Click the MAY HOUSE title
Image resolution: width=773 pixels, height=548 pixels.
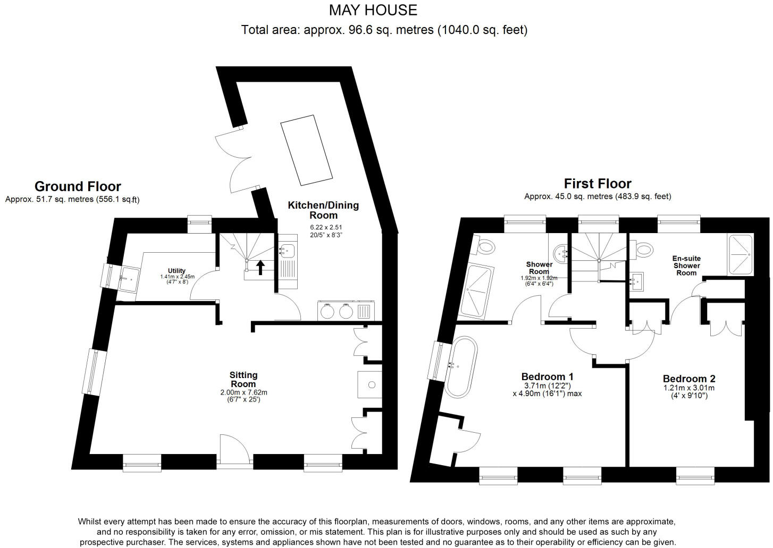tap(373, 10)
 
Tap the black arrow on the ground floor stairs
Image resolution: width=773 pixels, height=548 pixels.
tap(261, 267)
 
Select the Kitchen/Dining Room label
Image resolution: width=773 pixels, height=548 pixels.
tap(323, 210)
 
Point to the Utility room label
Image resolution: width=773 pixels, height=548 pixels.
tap(177, 271)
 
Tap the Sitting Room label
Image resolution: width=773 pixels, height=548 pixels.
tap(243, 379)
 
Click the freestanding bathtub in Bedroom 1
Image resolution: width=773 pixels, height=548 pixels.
tap(461, 366)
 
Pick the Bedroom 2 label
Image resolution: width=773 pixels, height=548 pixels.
tap(688, 379)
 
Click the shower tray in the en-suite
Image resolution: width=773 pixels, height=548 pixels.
tap(740, 254)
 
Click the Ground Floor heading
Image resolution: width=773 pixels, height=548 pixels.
tap(78, 186)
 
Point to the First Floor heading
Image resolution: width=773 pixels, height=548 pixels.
tap(598, 184)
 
